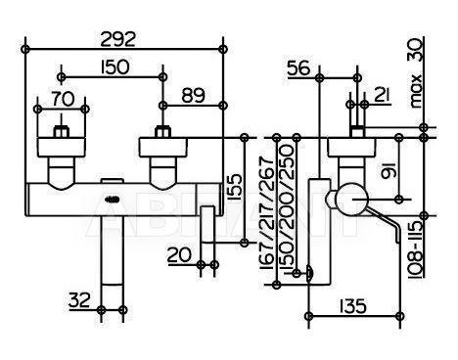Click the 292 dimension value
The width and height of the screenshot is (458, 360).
117,39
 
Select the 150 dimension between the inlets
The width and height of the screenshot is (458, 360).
114,67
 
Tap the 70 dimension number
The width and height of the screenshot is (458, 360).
63,99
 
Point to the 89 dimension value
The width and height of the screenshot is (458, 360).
193,96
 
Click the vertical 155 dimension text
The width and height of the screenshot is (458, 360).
235,187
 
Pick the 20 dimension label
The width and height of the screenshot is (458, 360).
179,254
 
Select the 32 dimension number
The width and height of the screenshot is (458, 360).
79,300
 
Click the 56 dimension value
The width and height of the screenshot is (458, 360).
298,68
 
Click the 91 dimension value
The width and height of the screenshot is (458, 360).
389,171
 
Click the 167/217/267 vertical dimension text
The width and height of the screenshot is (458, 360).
266,212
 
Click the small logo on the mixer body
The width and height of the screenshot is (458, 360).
113,200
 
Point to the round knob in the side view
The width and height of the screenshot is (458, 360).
351,200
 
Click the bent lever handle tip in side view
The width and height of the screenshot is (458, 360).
397,240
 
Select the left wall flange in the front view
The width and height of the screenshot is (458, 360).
62,148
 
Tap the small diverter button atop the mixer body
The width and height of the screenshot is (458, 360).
111,181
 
